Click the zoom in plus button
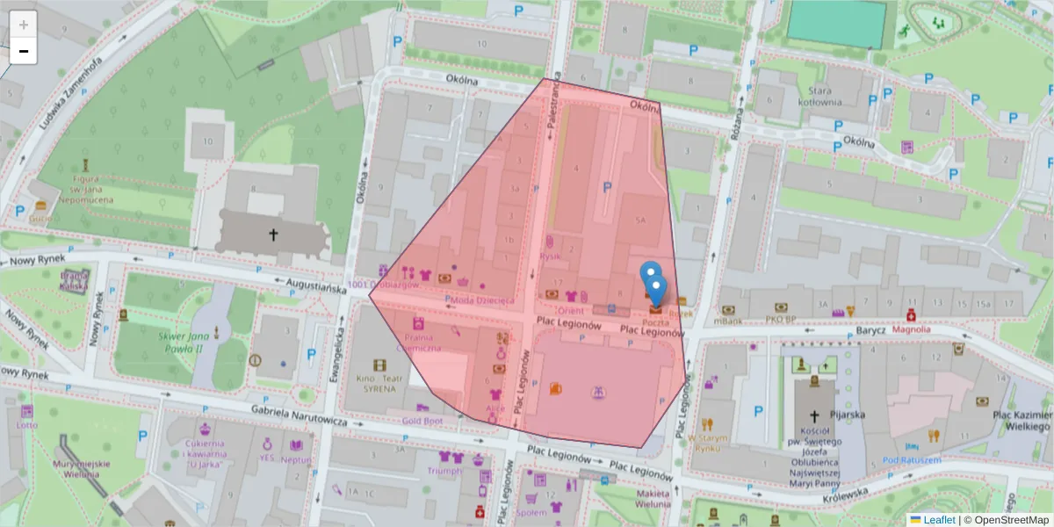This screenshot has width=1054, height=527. (24, 24)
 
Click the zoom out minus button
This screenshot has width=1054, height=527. (24, 51)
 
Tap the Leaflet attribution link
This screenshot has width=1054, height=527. (939, 520)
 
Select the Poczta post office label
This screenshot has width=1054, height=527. (657, 322)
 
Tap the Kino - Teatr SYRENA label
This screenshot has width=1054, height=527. (379, 383)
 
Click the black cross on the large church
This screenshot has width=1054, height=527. (273, 235)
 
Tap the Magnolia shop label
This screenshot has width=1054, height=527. (910, 330)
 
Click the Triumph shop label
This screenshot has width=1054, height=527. (444, 471)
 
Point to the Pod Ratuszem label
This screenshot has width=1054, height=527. (912, 460)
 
